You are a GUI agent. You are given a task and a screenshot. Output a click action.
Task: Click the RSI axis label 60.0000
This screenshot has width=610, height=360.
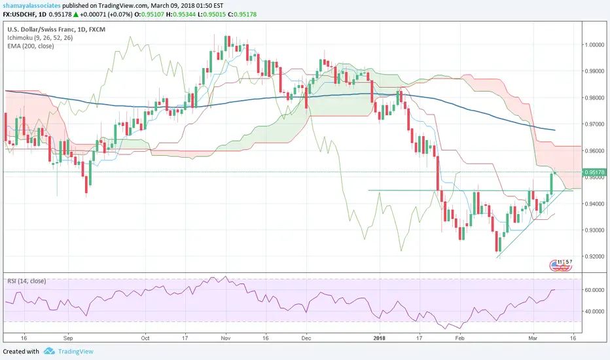(595, 289)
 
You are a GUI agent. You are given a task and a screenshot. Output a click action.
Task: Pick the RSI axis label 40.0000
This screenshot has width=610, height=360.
(595, 312)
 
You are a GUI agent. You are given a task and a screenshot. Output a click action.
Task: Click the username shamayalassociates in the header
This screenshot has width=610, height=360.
(35, 6)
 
